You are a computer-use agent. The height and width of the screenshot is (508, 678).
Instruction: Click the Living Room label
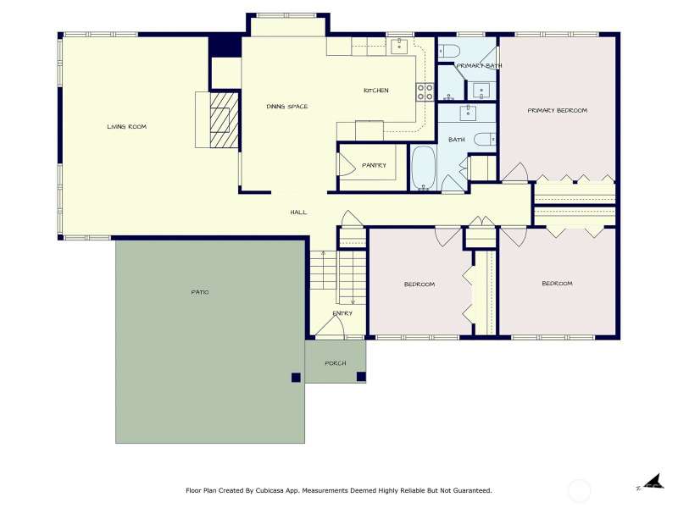(126, 126)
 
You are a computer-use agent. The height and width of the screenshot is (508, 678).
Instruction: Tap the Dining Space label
(287, 107)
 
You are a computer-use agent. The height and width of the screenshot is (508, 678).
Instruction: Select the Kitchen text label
(376, 91)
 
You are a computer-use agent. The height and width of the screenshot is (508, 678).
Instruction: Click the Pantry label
(374, 165)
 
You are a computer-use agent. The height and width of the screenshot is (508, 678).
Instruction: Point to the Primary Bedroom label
(558, 110)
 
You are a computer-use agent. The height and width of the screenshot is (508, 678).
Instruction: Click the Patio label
(200, 292)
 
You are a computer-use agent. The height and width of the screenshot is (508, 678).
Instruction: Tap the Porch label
(336, 363)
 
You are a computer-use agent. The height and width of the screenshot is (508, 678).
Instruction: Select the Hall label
(299, 213)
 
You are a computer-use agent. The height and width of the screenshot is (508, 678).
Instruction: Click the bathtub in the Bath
(423, 168)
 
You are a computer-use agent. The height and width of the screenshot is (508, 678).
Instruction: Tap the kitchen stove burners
(425, 92)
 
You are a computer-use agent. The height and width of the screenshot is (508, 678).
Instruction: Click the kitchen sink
(399, 46)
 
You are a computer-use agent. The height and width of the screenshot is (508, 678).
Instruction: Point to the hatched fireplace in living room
(225, 119)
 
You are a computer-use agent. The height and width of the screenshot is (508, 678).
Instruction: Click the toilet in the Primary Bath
(448, 52)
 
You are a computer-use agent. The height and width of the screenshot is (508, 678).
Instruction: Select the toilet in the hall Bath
(485, 139)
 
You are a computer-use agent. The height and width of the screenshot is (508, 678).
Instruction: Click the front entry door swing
(331, 326)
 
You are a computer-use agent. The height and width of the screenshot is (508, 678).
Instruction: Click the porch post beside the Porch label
(361, 377)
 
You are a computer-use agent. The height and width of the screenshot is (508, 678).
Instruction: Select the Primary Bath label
(479, 66)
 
